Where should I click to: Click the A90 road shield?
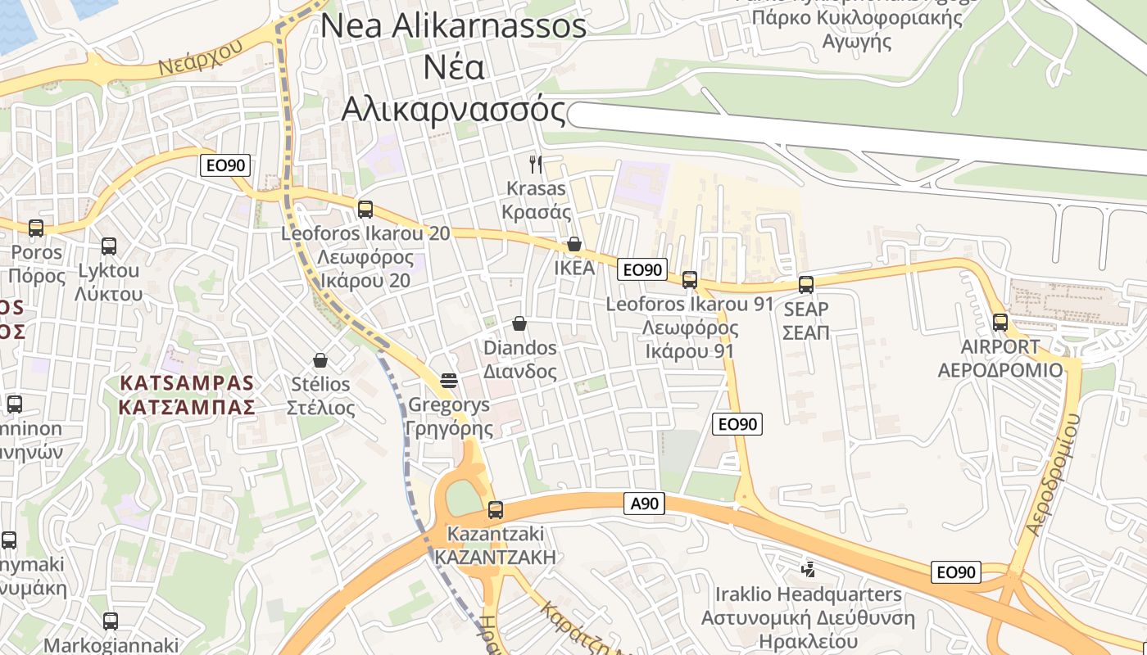pos(644,504)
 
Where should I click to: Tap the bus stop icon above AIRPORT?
pos(1000,322)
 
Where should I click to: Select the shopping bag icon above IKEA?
pos(574,244)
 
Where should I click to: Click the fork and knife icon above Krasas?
pos(536,164)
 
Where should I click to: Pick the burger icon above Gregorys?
pos(448,380)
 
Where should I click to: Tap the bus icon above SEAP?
pos(806,285)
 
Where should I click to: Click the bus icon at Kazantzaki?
pos(495,510)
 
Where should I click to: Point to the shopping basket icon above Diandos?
pos(519,323)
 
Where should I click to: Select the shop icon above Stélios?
pos(320,360)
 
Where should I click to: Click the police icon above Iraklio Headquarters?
pos(808,568)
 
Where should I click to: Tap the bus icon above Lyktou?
pos(108,246)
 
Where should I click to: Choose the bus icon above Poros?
pos(36,228)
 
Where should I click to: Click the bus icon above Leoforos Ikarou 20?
pos(365,209)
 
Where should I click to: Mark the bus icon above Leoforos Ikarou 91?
pos(690,280)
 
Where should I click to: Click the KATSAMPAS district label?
pos(187,383)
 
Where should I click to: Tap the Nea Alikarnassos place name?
pos(453,25)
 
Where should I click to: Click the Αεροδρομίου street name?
pos(1053,475)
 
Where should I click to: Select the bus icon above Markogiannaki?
pos(111,621)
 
